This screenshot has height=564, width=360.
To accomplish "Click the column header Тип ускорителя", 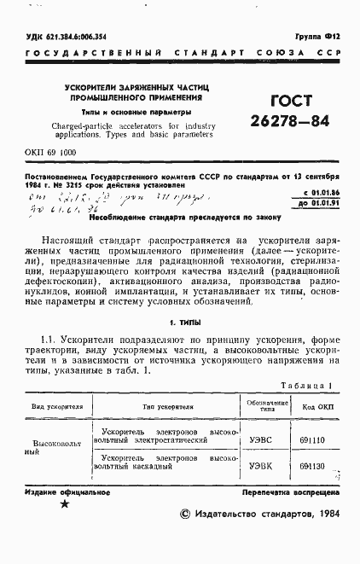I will [x=162, y=405].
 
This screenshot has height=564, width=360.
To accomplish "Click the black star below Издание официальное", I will [x=63, y=505].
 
